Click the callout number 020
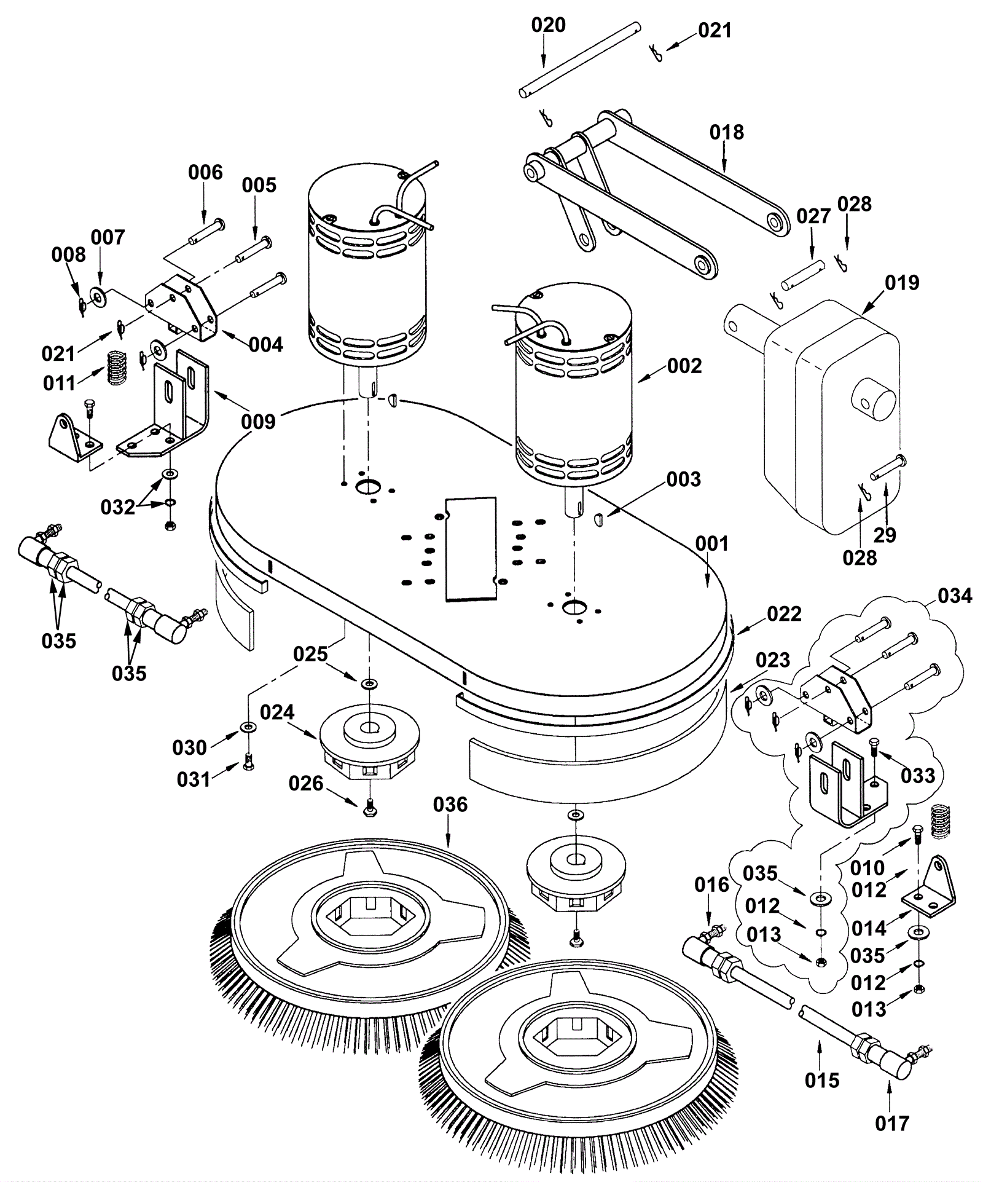click(548, 25)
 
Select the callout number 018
click(726, 132)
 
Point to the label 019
click(902, 283)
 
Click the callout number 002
click(684, 366)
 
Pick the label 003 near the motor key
click(683, 479)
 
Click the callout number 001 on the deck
click(711, 543)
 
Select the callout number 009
click(258, 422)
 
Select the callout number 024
click(277, 712)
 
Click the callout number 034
click(955, 596)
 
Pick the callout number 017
click(892, 1124)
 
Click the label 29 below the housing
click(885, 535)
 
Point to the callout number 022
click(784, 613)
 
